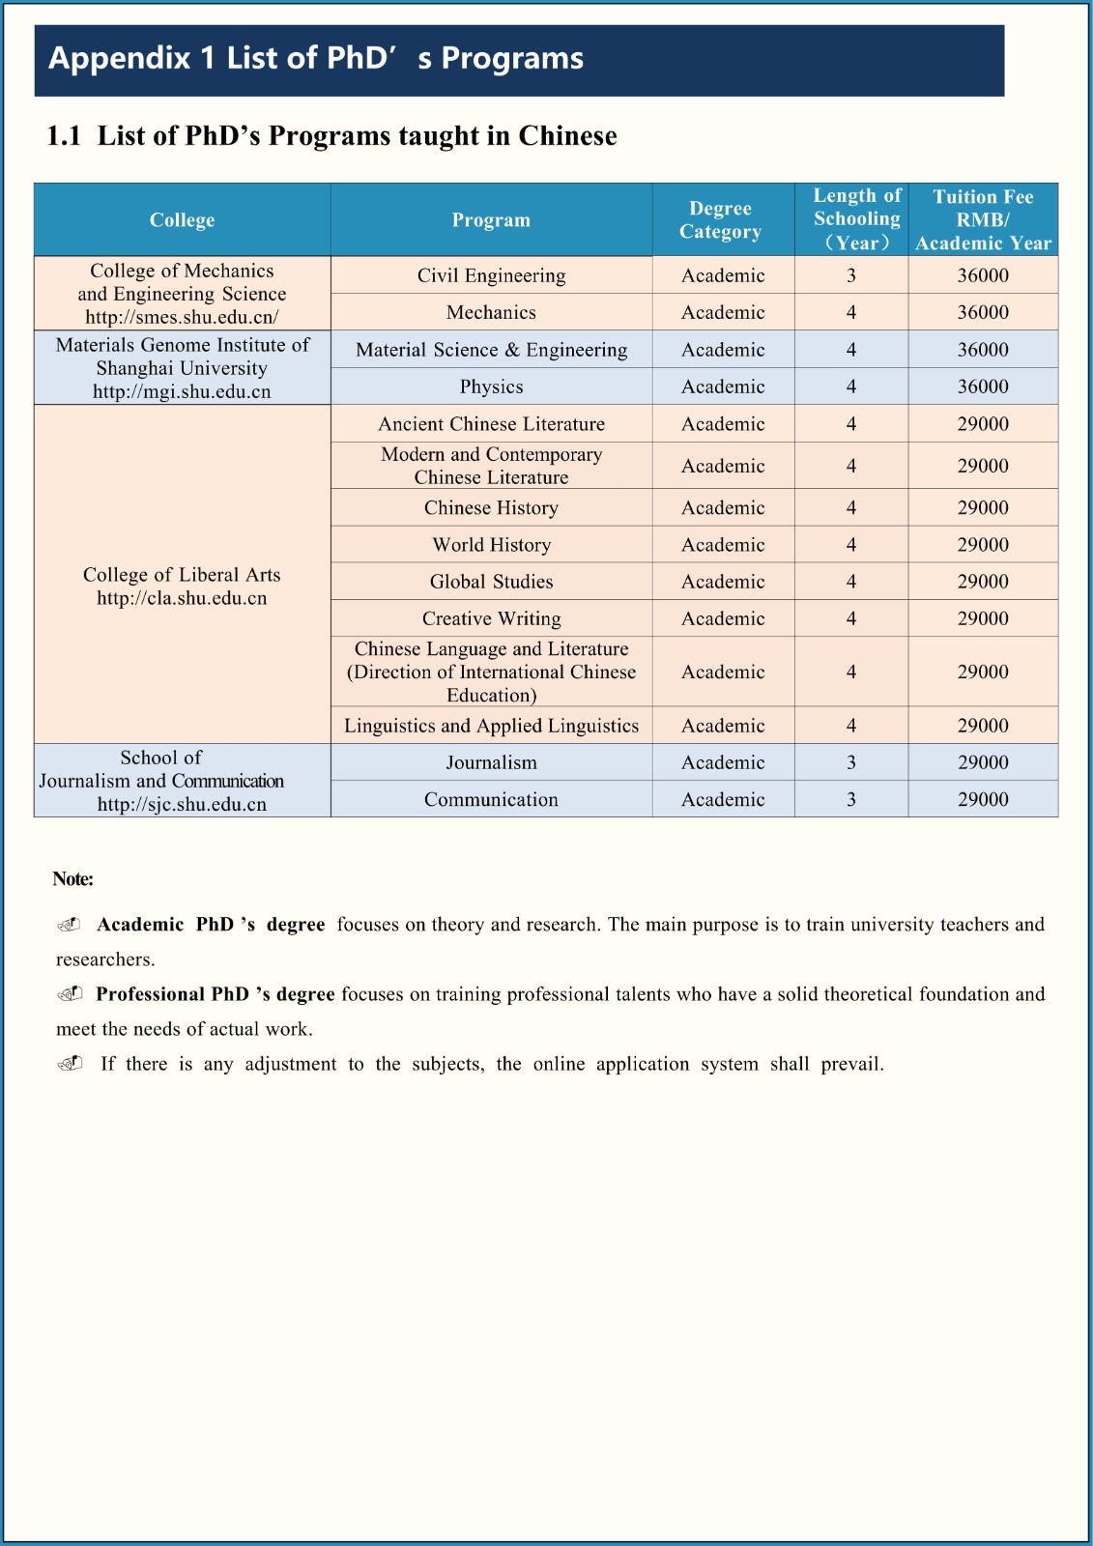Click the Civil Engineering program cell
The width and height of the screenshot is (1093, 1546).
point(491,275)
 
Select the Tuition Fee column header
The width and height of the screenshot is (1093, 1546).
point(983,220)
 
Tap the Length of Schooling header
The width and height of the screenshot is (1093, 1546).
point(856,220)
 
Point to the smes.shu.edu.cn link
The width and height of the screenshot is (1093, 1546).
point(182,317)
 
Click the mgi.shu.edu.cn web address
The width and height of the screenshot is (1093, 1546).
point(182,391)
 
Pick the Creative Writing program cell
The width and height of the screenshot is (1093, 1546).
point(491,618)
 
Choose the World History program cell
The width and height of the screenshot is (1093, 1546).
point(491,545)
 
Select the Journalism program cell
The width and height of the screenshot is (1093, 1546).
point(491,762)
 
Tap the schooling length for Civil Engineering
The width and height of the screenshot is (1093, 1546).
point(851,275)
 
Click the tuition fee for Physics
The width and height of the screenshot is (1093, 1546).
point(983,386)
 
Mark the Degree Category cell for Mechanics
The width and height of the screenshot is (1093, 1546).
point(723,312)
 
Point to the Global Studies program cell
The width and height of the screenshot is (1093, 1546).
point(491,582)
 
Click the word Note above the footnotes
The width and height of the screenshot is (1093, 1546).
point(73,879)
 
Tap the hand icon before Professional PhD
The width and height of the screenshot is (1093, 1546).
point(70,994)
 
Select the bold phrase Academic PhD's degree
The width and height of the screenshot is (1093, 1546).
point(211,925)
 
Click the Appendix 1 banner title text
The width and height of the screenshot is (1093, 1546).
point(316,59)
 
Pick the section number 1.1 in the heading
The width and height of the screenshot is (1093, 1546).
point(64,136)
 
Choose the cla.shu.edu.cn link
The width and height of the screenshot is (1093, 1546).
point(182,598)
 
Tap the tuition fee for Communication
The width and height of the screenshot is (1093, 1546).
point(983,799)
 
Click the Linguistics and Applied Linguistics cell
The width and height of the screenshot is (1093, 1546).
point(491,726)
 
